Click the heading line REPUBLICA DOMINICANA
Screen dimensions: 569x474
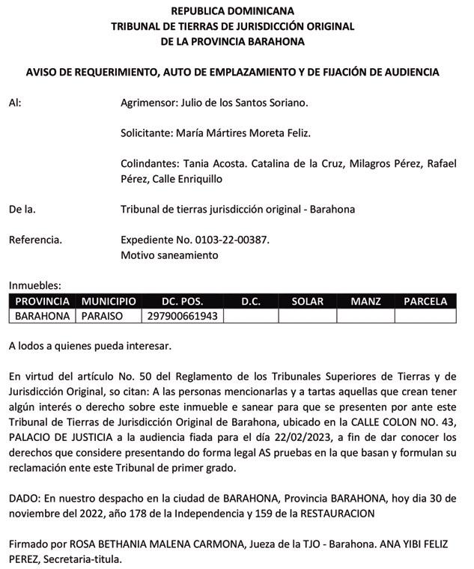232,11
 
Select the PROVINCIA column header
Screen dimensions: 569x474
43,302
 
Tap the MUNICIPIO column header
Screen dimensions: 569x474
109,302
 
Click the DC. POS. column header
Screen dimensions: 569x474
182,302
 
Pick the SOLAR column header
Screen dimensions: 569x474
307,302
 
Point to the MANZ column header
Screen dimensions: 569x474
365,302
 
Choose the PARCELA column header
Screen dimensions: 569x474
425,302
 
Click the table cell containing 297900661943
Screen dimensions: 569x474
183,316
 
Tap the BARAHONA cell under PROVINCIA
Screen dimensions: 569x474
43,316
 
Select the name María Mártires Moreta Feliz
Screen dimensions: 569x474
243,133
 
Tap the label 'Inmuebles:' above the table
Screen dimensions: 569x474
34,285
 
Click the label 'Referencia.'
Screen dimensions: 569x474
35,240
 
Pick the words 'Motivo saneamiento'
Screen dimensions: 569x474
169,255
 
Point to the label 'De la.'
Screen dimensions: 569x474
22,210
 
